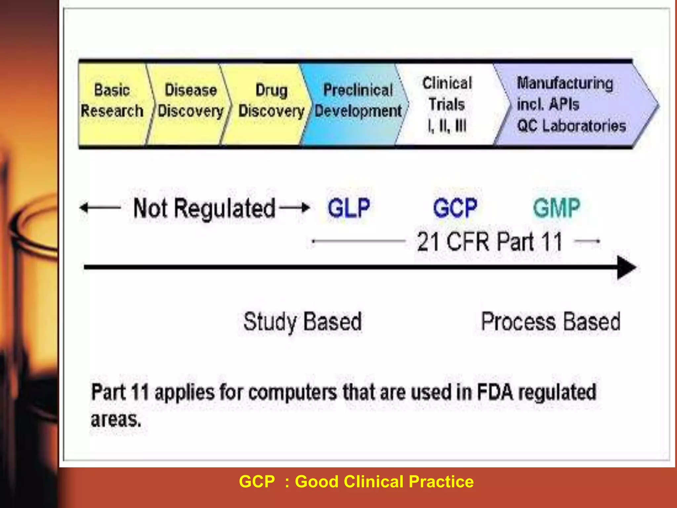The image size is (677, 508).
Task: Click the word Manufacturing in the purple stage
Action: pyautogui.click(x=565, y=83)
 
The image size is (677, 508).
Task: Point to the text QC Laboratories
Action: pyautogui.click(x=572, y=126)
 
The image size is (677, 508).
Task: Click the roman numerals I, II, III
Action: pyautogui.click(x=447, y=126)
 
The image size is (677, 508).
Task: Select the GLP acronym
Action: pyautogui.click(x=349, y=208)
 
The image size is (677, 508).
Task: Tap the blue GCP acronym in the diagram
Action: pyautogui.click(x=455, y=208)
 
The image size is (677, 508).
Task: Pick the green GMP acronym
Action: pyautogui.click(x=557, y=208)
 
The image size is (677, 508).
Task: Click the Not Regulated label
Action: pyautogui.click(x=204, y=208)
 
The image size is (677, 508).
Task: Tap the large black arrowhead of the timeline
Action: pyautogui.click(x=626, y=267)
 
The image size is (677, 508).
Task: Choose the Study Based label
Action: pyautogui.click(x=302, y=321)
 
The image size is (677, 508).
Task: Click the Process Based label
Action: pyautogui.click(x=550, y=321)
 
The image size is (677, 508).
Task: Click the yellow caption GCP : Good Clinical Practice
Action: pyautogui.click(x=356, y=482)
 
